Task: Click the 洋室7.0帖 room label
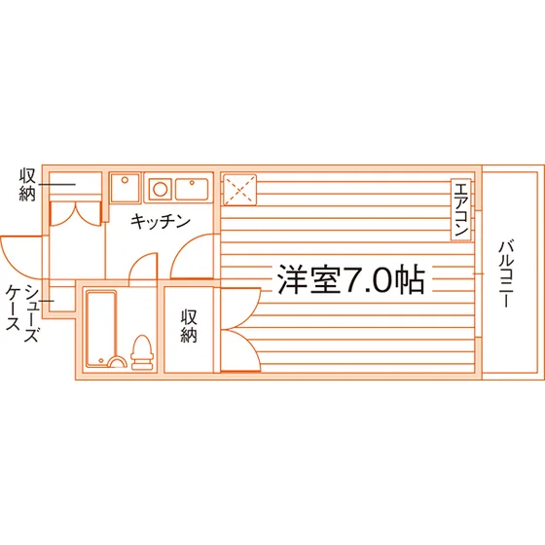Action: pos(350,279)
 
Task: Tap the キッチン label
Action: pos(161,222)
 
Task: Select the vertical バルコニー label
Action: pos(505,274)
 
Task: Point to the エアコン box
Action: pos(461,209)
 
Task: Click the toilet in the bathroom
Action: pos(142,351)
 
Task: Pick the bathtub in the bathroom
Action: pos(101,329)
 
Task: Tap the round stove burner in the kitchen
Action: pos(160,190)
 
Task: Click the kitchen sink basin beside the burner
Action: pos(192,190)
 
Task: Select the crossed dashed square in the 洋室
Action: pos(239,190)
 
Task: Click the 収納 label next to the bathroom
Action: pos(189,326)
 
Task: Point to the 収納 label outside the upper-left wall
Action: pos(27,185)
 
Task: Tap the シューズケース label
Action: pos(21,312)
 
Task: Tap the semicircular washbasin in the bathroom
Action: pos(117,362)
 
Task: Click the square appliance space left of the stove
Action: pos(125,188)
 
